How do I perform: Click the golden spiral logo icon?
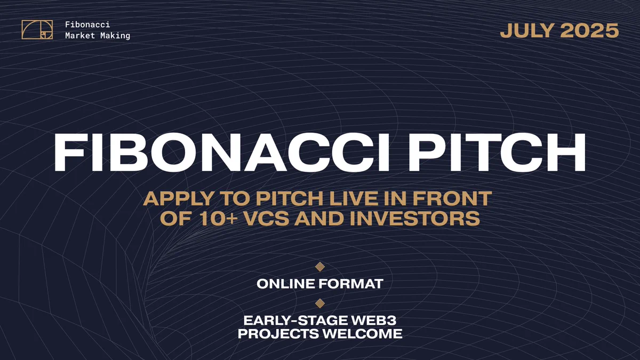coord(37,30)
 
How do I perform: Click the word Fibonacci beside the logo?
coord(87,25)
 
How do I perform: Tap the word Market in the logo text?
coord(80,35)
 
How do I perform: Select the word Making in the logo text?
coord(115,36)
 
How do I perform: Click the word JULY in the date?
coord(527,30)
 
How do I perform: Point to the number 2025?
coord(589,30)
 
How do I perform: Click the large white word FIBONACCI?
coord(222,153)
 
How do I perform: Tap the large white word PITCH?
coord(498,153)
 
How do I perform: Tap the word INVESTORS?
coord(414,219)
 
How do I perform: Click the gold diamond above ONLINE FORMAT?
coord(320,267)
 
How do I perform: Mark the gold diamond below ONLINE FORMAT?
coord(320,303)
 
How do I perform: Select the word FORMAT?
coord(351,284)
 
